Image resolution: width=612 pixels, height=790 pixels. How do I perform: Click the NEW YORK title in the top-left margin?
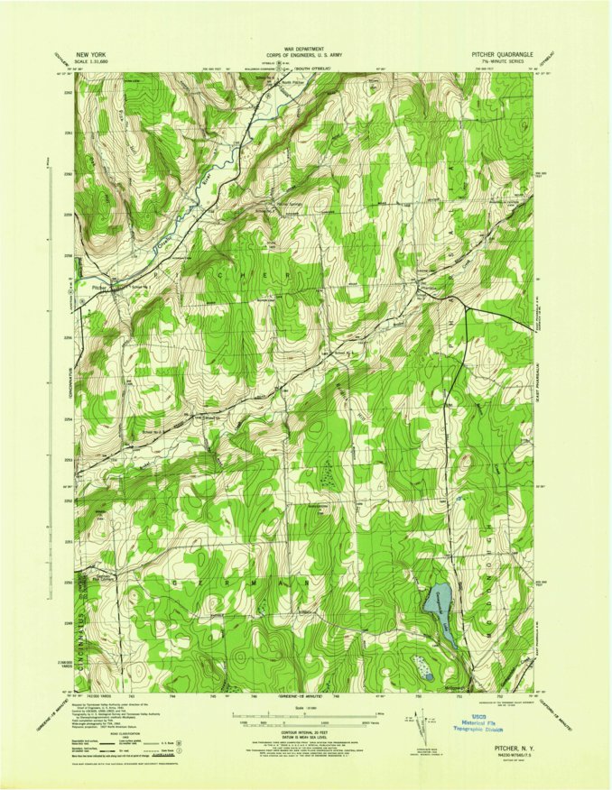pos(93,54)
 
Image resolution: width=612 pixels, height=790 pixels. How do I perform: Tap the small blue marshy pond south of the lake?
pos(422,668)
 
